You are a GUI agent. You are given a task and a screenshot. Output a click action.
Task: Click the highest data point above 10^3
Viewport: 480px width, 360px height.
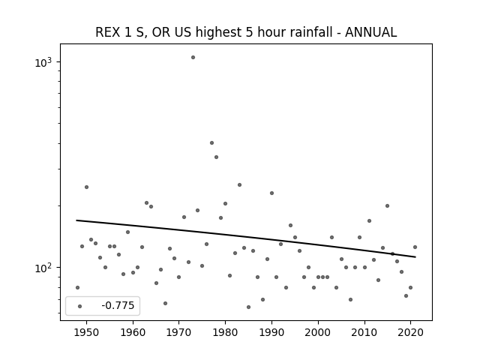[x=193, y=57]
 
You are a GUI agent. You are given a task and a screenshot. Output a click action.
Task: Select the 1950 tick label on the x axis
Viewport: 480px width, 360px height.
[x=87, y=332]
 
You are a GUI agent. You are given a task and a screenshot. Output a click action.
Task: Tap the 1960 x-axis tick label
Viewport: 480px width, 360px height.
[x=133, y=332]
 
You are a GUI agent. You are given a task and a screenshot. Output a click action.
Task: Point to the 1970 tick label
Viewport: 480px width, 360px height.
[x=179, y=332]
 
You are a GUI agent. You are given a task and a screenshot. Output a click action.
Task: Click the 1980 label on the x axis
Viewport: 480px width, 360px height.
[x=225, y=332]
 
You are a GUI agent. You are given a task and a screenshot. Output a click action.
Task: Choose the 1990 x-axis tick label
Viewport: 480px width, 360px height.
[x=271, y=332]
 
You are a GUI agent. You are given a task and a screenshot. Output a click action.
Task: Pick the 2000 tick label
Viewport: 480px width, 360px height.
[x=318, y=332]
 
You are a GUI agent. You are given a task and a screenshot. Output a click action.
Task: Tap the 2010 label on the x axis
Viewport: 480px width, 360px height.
[x=364, y=332]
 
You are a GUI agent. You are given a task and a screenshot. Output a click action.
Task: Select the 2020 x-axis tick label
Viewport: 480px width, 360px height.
[x=410, y=332]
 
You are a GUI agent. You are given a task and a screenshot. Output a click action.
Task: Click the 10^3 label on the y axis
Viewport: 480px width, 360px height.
[x=43, y=61]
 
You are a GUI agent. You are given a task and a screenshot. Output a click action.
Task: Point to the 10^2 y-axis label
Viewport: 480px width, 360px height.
[x=43, y=268]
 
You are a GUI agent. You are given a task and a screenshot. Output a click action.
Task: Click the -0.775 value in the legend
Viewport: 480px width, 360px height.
[x=118, y=305]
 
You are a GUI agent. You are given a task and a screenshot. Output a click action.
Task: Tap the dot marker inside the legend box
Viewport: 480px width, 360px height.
[x=79, y=306]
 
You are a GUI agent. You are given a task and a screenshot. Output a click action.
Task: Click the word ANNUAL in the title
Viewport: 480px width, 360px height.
[x=371, y=32]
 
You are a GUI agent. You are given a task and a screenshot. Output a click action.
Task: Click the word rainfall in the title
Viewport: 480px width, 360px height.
[x=295, y=32]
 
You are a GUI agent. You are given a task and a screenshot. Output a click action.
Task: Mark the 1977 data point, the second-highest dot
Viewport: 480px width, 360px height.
[x=211, y=142]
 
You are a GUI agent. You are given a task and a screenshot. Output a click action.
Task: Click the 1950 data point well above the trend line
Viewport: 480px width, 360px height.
[x=87, y=187]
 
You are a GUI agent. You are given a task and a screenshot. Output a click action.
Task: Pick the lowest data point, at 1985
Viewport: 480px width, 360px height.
[x=248, y=307]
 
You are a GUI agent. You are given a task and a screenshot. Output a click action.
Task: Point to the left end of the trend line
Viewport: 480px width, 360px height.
[x=76, y=220]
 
